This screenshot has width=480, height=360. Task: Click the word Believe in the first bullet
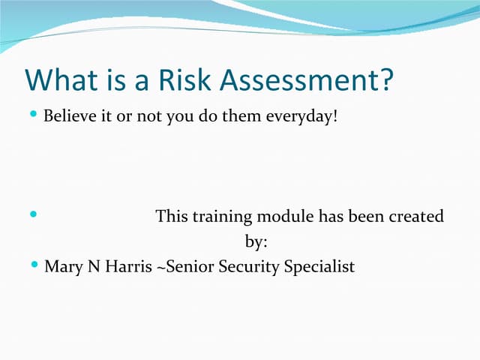(69, 117)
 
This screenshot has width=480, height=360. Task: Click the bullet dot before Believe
(33, 115)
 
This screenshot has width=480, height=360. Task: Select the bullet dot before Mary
(33, 265)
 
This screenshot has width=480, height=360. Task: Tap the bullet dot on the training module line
(33, 215)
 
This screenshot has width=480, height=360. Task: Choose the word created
(415, 217)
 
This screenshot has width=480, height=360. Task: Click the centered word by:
(256, 242)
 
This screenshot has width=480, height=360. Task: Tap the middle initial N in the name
(94, 266)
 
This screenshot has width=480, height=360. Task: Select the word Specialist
(319, 266)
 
